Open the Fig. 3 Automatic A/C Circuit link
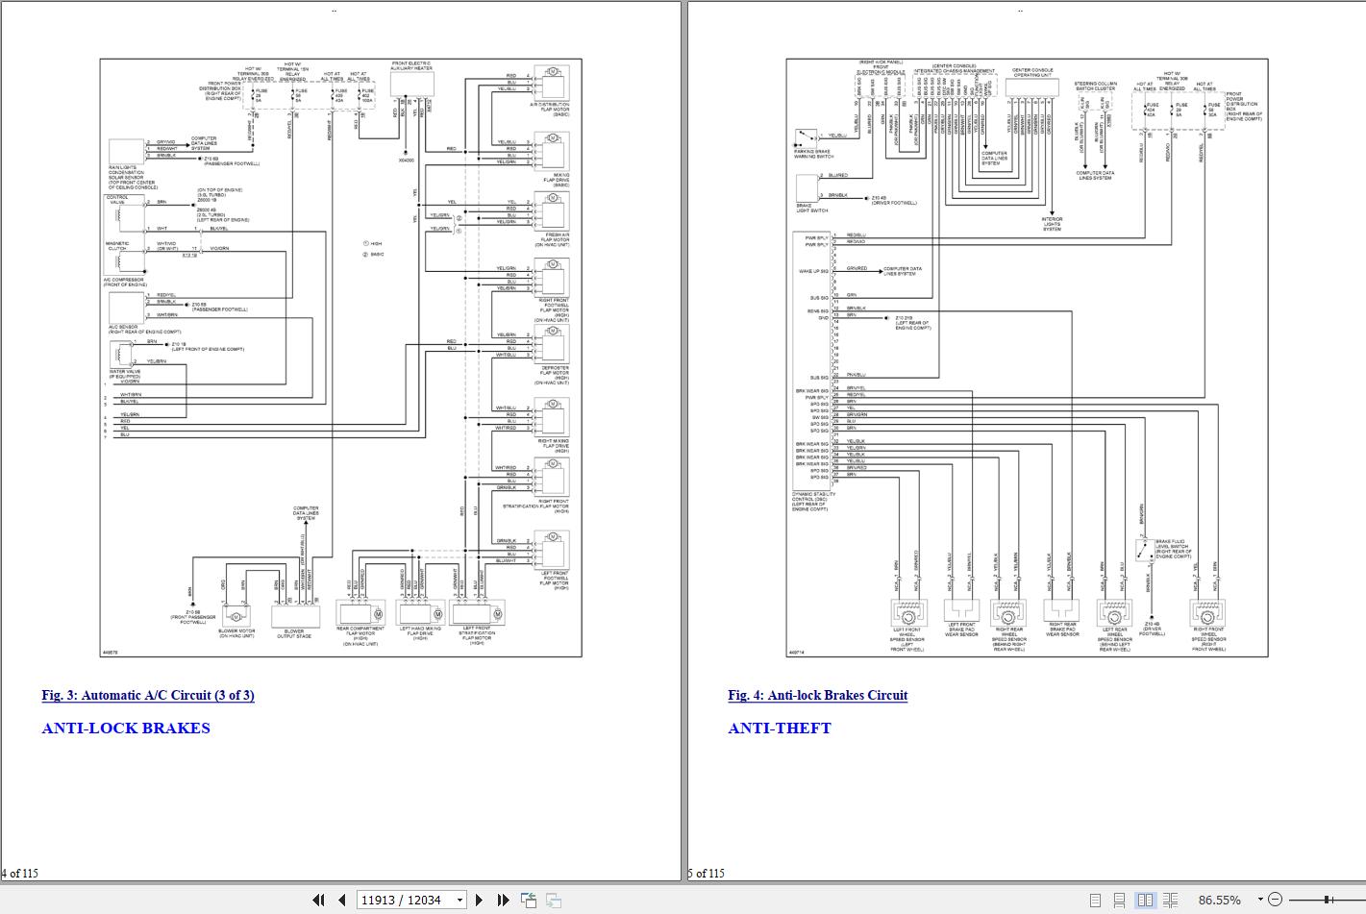148,695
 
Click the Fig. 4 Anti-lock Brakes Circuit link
817,695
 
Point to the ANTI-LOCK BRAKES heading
126,728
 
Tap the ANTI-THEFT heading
780,728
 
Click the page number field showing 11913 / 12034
404,900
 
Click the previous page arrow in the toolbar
341,900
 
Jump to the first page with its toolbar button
318,900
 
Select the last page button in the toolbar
502,900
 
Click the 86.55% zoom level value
1219,900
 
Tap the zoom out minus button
1275,900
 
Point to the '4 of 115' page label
19,873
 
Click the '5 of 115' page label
707,873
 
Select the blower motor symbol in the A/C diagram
236,615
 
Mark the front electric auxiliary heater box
412,85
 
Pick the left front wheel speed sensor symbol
908,612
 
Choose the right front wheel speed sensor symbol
1207,612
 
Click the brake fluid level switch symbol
1144,550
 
